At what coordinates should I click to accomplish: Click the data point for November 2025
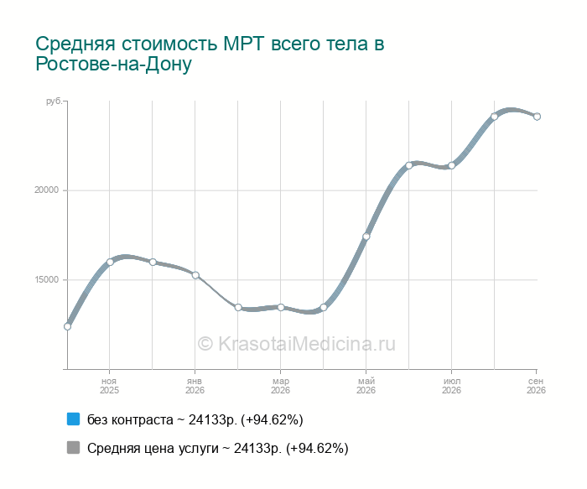click(110, 262)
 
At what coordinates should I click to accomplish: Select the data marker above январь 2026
click(195, 275)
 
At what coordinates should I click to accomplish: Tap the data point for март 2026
click(281, 307)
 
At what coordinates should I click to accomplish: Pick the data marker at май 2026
click(366, 237)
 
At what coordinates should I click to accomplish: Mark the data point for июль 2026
click(451, 165)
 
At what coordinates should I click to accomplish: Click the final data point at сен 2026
click(537, 117)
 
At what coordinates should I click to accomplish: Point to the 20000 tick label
click(47, 190)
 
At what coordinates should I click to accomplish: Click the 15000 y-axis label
click(47, 279)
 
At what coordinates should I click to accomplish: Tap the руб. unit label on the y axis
click(54, 101)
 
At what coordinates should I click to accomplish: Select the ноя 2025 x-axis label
click(109, 386)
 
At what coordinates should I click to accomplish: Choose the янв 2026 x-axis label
click(195, 386)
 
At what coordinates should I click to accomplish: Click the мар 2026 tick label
click(280, 386)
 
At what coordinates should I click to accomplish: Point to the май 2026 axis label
click(366, 386)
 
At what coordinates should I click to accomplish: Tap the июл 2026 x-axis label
click(451, 386)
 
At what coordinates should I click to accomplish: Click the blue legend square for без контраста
click(74, 419)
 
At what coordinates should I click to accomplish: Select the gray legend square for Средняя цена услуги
click(74, 447)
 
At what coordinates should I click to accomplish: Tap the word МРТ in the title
click(244, 44)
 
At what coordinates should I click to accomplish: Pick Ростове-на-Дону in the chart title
click(113, 64)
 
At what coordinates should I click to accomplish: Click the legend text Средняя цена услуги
click(153, 448)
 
